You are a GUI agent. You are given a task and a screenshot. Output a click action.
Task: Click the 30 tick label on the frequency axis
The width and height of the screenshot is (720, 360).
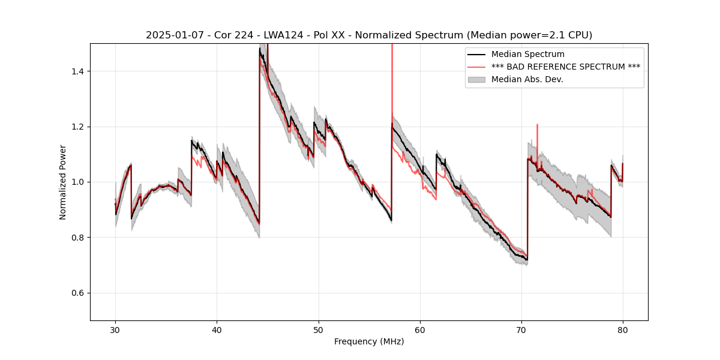115,329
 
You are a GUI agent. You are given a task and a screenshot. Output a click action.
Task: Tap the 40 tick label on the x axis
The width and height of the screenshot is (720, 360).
217,329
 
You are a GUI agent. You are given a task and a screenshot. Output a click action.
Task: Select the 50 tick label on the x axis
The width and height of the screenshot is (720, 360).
318,329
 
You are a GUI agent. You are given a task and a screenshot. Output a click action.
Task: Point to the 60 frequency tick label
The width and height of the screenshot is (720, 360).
420,329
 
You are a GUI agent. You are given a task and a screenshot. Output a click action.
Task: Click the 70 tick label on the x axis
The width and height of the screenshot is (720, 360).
521,329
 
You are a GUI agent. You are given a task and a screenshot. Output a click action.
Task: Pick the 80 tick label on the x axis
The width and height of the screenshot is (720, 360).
623,329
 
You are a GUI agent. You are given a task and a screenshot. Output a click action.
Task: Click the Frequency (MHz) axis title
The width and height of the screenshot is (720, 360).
369,341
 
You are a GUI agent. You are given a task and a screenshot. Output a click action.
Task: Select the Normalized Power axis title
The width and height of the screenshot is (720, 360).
63,182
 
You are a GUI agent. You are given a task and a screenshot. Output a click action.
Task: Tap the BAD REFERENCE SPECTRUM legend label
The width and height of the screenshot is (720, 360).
565,67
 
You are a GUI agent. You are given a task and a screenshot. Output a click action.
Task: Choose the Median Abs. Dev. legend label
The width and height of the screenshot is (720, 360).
527,79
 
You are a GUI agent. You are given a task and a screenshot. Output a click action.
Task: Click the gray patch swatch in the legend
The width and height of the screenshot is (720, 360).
477,79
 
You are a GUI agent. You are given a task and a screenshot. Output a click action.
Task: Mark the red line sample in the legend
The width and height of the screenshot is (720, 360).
477,67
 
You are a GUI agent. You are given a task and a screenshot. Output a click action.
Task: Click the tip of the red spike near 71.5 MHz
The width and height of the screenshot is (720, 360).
537,125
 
